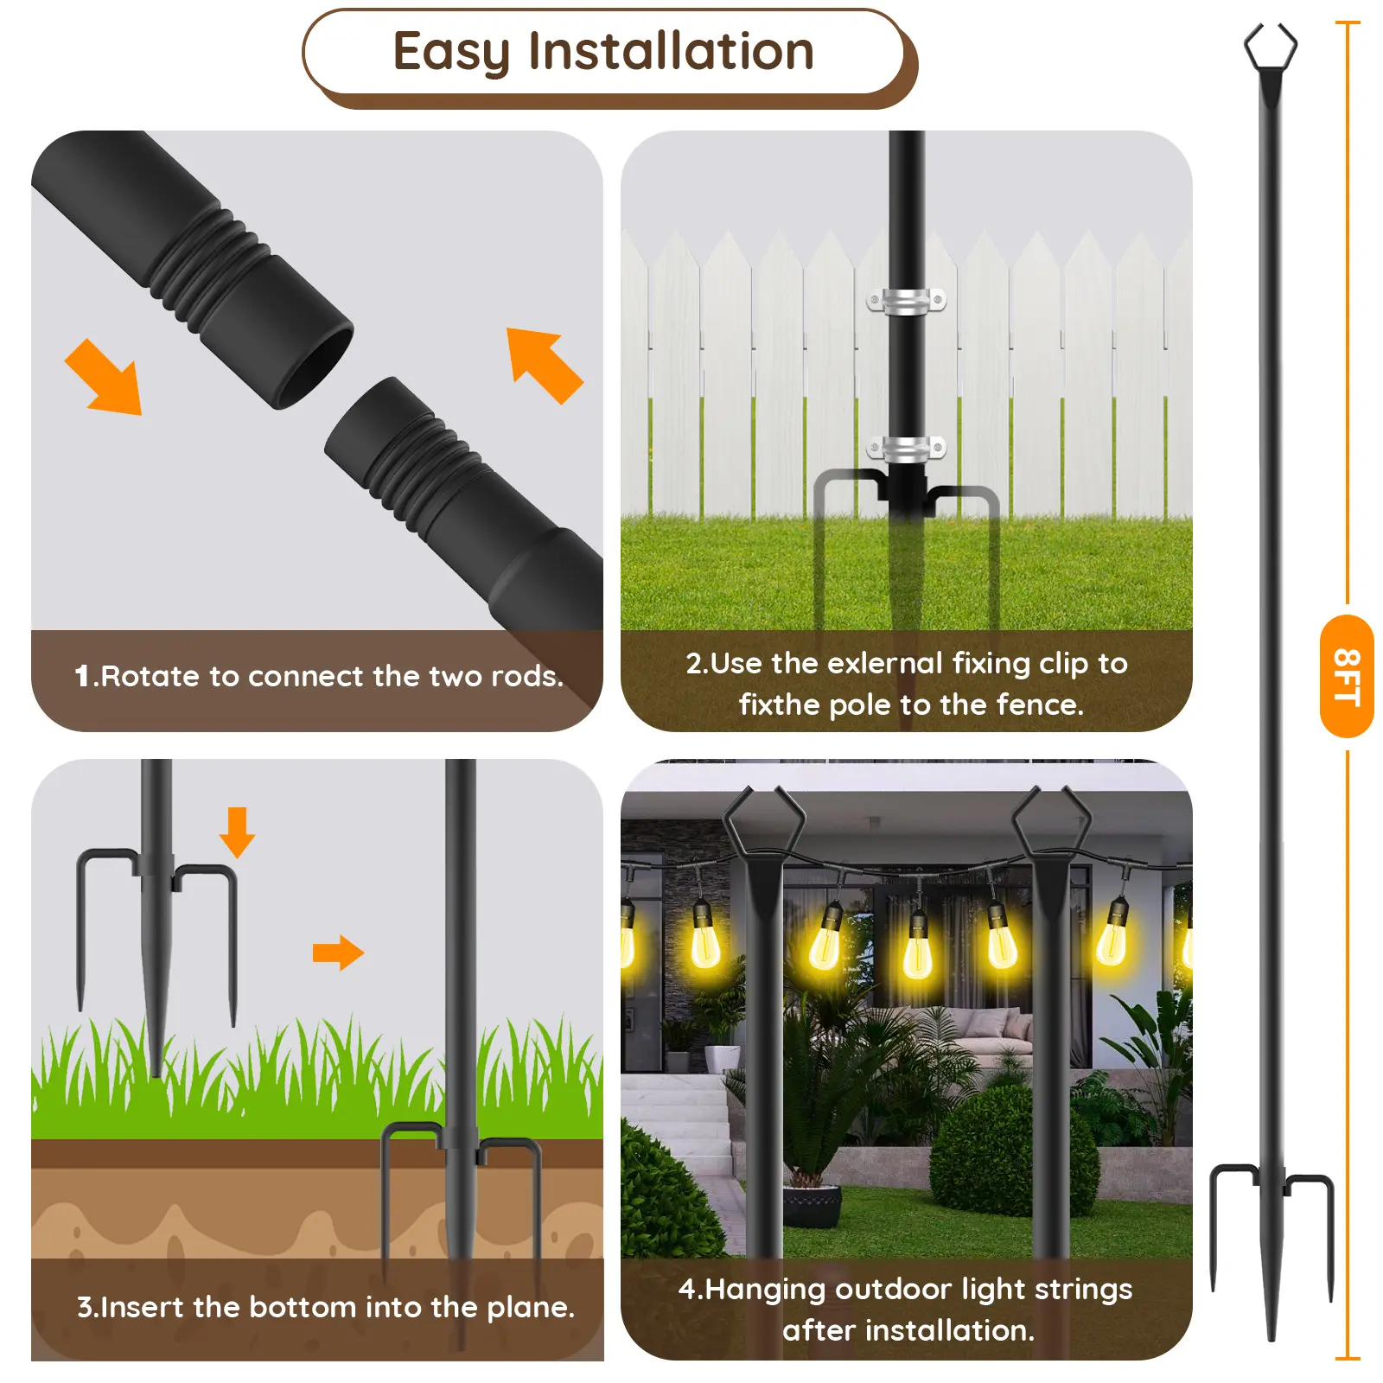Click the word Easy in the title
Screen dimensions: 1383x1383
(x=451, y=52)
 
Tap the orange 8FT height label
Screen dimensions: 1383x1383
(x=1347, y=676)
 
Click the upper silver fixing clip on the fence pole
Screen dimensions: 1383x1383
(x=906, y=301)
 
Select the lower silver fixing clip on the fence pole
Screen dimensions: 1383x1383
(x=906, y=449)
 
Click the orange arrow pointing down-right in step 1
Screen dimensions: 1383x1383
(x=105, y=378)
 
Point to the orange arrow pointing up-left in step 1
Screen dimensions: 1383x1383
(x=545, y=366)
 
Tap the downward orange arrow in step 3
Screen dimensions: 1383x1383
(x=237, y=832)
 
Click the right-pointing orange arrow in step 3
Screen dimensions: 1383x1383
(x=338, y=953)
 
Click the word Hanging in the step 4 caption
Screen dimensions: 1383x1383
(x=766, y=1290)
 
